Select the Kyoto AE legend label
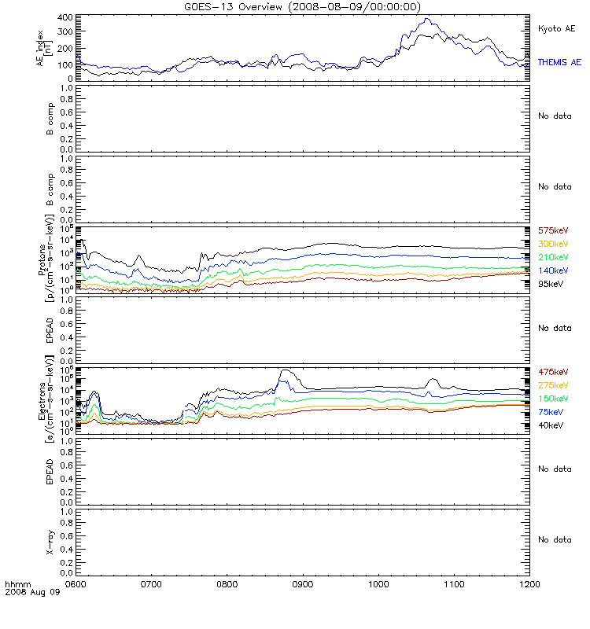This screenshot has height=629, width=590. coord(556,28)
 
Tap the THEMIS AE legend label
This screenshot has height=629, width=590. coord(559,62)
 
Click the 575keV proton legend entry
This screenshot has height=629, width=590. coord(552,231)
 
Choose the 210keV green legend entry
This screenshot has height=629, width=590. coord(552,258)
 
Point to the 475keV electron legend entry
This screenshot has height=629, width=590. coord(552,372)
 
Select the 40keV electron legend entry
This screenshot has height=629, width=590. coord(550,425)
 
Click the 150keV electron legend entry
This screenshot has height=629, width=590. coord(552,399)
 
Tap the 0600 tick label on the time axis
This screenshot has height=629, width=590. coord(76,585)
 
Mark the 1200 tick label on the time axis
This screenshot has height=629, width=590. coord(530,585)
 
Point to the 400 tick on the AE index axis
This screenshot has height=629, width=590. coord(65,17)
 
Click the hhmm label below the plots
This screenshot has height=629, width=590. coord(16,585)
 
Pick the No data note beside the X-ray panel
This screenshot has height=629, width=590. coord(554,539)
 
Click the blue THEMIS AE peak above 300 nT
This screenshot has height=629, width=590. coord(426,19)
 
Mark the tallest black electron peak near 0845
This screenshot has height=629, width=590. coord(286,370)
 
